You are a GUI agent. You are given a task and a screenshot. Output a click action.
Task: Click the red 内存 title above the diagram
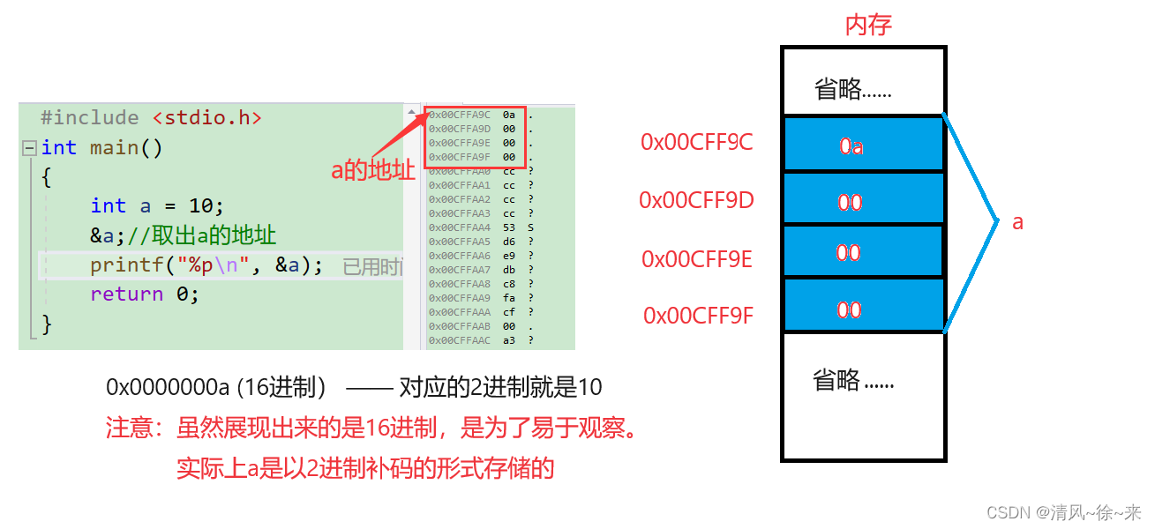tap(868, 25)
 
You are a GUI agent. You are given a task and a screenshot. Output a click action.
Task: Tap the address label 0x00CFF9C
tap(696, 143)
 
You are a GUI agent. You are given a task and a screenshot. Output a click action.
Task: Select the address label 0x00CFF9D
tap(696, 201)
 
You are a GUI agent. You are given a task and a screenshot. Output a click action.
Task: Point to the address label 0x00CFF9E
tap(696, 258)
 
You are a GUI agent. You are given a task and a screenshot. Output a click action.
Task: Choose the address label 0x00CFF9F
tap(697, 316)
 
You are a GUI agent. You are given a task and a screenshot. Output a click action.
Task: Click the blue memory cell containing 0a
tap(862, 145)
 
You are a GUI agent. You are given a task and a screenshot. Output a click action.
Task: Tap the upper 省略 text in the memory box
tap(852, 89)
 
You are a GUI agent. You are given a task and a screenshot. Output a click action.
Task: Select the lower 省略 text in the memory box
tap(852, 381)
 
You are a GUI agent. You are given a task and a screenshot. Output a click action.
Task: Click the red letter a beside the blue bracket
tap(1017, 222)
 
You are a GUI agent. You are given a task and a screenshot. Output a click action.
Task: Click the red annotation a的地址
tap(373, 170)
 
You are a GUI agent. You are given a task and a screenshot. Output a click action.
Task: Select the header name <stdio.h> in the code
tap(206, 118)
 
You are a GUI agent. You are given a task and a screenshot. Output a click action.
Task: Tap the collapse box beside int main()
tap(30, 148)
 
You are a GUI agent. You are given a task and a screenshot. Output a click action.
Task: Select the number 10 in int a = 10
tap(200, 206)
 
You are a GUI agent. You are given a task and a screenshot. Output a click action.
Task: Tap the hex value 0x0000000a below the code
tap(168, 387)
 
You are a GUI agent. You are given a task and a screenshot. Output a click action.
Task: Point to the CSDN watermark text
tap(1063, 512)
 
